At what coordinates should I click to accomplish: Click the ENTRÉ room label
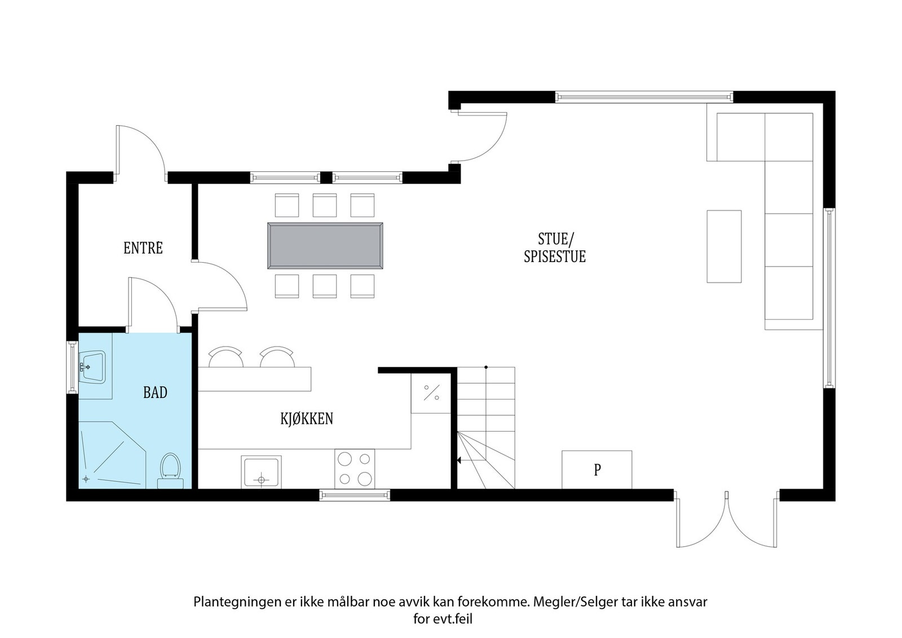(x=143, y=248)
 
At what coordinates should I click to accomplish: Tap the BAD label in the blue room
(x=155, y=392)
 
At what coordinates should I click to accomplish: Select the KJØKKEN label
(x=307, y=419)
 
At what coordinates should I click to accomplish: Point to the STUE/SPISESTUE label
(x=555, y=248)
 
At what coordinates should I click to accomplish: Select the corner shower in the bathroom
(x=107, y=457)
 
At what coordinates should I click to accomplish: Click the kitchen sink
(x=260, y=472)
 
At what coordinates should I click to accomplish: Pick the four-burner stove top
(x=355, y=468)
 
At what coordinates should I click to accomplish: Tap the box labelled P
(x=596, y=469)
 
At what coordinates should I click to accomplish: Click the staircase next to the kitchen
(x=485, y=428)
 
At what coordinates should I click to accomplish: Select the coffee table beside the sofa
(x=724, y=246)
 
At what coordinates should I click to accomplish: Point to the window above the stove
(x=355, y=495)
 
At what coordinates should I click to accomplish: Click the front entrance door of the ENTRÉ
(x=140, y=151)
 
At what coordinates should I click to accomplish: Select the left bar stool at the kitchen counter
(x=225, y=357)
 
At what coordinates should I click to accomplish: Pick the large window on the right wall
(x=828, y=297)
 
